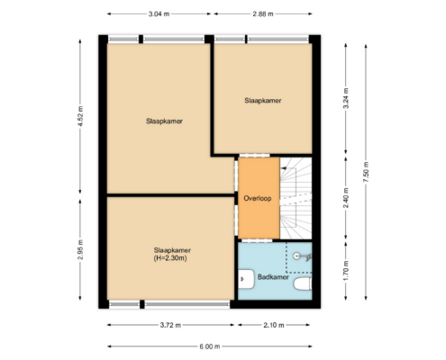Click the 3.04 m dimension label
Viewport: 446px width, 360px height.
coord(159,13)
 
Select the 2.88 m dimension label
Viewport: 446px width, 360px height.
coord(263,13)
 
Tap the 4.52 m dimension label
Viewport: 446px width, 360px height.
coord(80,116)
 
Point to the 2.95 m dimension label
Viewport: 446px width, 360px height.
coord(80,249)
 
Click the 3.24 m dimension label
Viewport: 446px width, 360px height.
coord(346,98)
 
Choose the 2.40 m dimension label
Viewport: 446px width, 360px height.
coord(346,198)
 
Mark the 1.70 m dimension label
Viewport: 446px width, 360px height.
coord(346,271)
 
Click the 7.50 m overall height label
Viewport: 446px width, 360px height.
coord(366,172)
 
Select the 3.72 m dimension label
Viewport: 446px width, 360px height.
coord(170,325)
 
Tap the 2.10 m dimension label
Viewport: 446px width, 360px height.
coord(274,325)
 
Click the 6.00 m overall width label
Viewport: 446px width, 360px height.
coord(210,346)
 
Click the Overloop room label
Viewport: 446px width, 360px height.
coord(258,198)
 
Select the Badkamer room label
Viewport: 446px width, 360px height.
coord(273,277)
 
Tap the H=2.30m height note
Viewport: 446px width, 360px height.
coord(170,258)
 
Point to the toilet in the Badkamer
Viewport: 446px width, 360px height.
coord(302,284)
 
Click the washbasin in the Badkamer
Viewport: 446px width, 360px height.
coord(246,279)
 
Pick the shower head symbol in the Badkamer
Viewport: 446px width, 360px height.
coord(302,256)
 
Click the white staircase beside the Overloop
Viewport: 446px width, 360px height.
coord(296,198)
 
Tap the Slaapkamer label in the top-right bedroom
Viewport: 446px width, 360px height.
coord(263,101)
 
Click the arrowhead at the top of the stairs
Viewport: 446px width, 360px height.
coord(283,168)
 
